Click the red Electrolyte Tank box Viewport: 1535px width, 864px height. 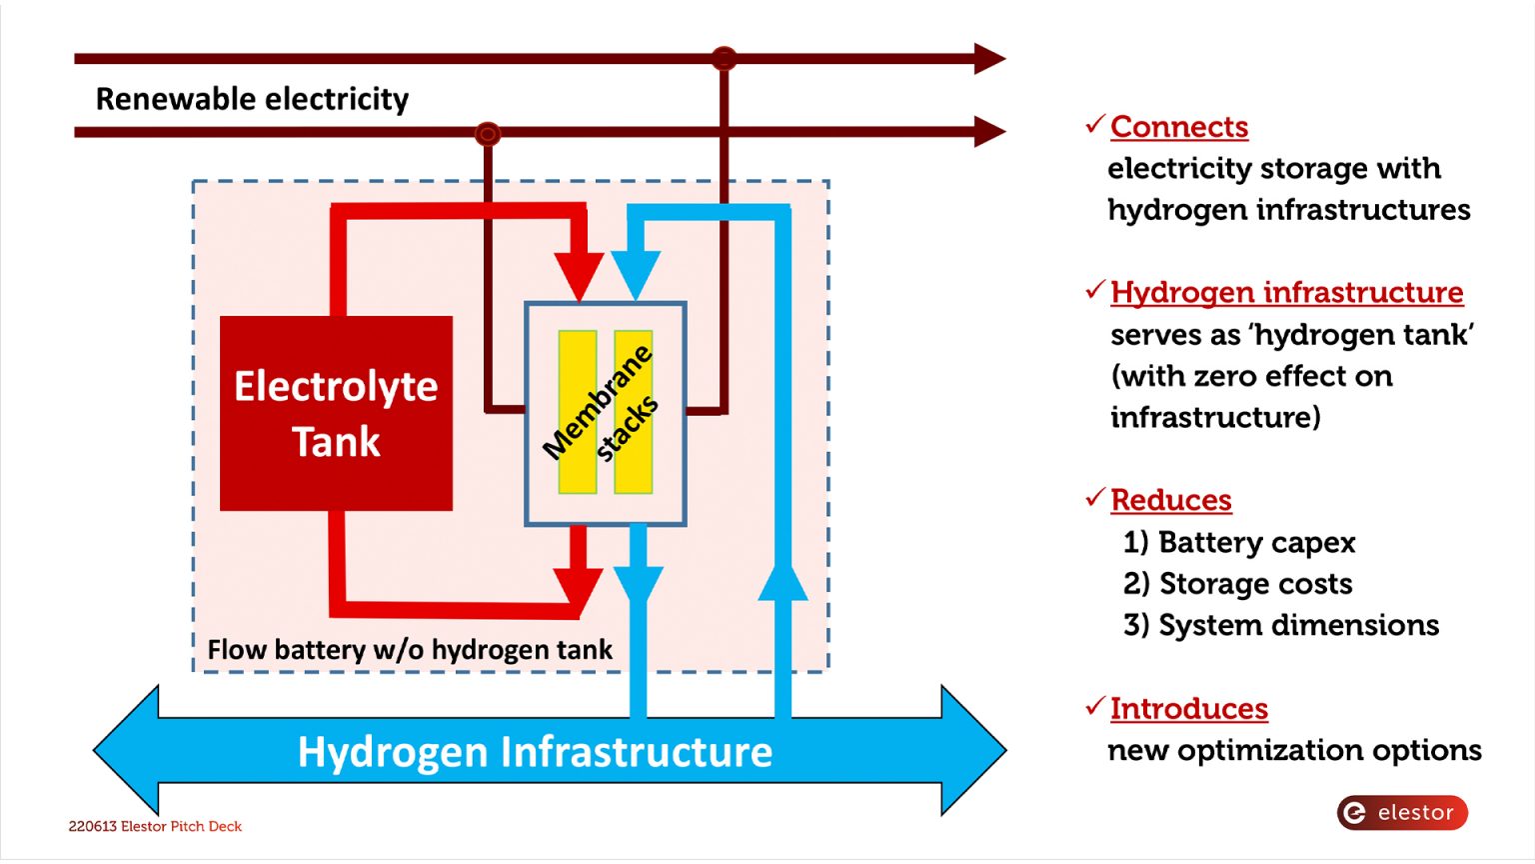click(x=336, y=413)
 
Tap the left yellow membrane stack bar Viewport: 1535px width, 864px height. click(x=577, y=412)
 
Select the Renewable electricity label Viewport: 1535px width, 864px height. click(x=252, y=99)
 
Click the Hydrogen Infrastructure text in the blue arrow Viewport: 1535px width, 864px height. click(x=535, y=752)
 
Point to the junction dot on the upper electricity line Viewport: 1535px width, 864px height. click(x=724, y=58)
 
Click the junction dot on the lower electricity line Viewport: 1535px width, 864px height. click(x=488, y=133)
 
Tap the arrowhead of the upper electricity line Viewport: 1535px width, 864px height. click(x=988, y=58)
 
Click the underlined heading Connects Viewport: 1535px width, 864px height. click(x=1179, y=127)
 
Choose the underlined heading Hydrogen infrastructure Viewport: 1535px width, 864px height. click(x=1286, y=292)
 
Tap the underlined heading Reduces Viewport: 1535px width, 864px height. click(x=1171, y=500)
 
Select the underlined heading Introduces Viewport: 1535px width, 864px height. click(x=1189, y=709)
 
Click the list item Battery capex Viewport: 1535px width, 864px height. click(x=1239, y=542)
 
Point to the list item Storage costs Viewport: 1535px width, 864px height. click(x=1238, y=584)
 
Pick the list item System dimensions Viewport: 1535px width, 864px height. click(x=1281, y=625)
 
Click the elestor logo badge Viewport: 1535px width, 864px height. click(x=1402, y=813)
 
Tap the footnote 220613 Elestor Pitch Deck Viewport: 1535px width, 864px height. click(x=155, y=827)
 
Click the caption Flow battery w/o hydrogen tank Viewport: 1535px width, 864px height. click(x=410, y=650)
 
